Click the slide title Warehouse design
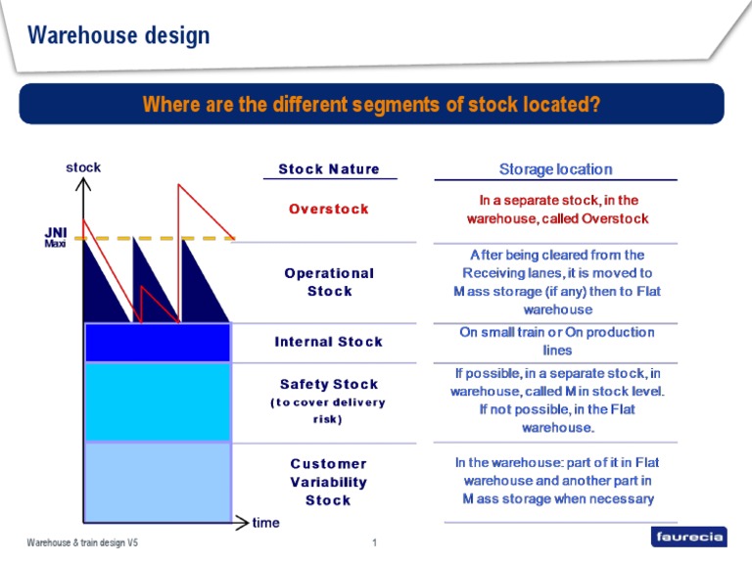(x=118, y=36)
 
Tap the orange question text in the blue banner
(x=371, y=104)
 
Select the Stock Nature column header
(x=329, y=169)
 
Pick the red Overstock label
(x=329, y=209)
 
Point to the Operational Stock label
(x=329, y=282)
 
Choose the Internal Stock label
(x=329, y=342)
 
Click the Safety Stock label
(x=329, y=385)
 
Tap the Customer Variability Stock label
(x=329, y=482)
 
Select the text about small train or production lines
(x=555, y=341)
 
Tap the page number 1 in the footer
(x=375, y=542)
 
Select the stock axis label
(x=83, y=167)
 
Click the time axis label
(x=265, y=523)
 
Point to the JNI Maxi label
(x=56, y=237)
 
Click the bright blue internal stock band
(x=158, y=343)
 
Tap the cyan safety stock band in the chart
(x=158, y=402)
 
